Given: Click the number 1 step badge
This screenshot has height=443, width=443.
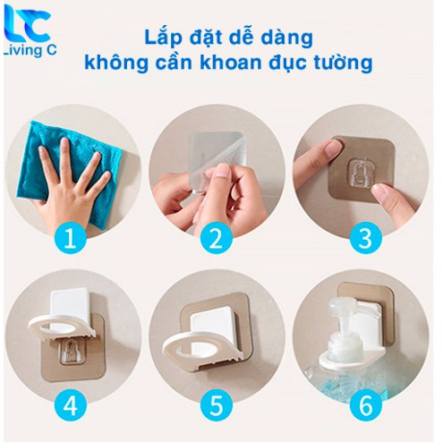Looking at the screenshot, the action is tap(71, 239).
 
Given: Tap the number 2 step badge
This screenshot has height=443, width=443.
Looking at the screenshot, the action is tap(217, 239).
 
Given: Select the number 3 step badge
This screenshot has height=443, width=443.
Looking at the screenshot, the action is tap(366, 239).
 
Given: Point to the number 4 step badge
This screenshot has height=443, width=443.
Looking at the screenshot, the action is tap(71, 405).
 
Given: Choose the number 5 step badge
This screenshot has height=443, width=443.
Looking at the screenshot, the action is tap(217, 405).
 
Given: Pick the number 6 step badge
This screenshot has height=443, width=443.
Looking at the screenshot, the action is tap(366, 405).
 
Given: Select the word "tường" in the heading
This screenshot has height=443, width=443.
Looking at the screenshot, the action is tap(343, 64).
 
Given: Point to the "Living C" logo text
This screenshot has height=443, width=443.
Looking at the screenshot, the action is tap(30, 50).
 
